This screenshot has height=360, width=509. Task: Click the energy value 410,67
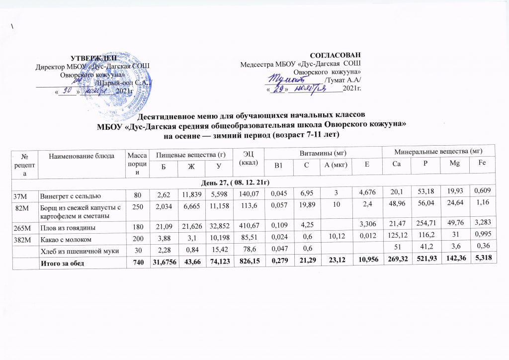coord(247,227)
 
